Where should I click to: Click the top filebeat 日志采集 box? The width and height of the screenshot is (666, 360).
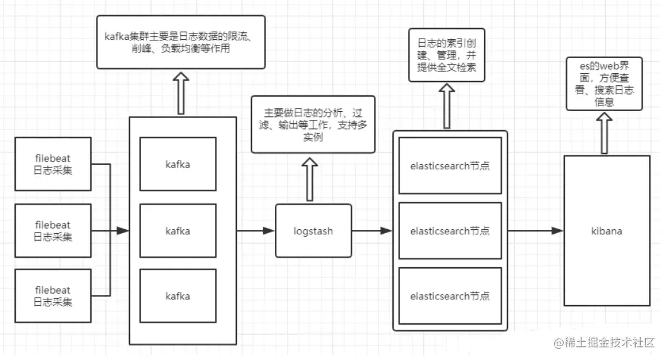tap(53, 163)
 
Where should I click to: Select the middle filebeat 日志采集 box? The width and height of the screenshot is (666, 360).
tap(53, 231)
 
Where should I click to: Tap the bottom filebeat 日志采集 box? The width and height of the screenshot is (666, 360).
tap(53, 296)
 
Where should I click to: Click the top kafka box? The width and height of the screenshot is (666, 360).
tap(178, 164)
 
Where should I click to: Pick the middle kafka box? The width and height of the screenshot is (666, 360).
tap(178, 231)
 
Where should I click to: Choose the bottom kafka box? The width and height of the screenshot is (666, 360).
tap(178, 296)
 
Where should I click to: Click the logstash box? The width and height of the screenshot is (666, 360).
tap(313, 231)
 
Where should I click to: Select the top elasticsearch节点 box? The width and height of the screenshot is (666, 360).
tap(450, 166)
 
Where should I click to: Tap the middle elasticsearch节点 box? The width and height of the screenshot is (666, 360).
tap(450, 231)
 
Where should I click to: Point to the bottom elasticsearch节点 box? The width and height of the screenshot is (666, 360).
tap(450, 296)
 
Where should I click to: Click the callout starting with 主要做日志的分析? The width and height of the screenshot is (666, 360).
tap(313, 124)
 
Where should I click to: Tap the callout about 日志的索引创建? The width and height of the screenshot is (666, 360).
tap(447, 55)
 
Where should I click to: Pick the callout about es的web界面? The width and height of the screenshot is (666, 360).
tap(604, 83)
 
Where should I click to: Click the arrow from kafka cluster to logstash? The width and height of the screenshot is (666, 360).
tap(256, 231)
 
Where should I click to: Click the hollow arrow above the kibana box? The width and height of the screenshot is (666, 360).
tap(605, 133)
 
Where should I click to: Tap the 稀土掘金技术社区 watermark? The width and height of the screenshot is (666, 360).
tap(605, 343)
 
